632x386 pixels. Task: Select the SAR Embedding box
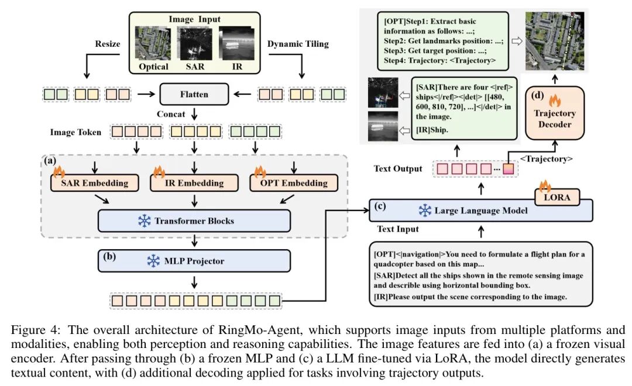point(94,182)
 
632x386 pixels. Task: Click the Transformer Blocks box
point(194,221)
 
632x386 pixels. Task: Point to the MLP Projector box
point(194,261)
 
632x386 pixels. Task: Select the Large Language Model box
point(480,210)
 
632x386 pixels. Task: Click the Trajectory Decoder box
point(555,119)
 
